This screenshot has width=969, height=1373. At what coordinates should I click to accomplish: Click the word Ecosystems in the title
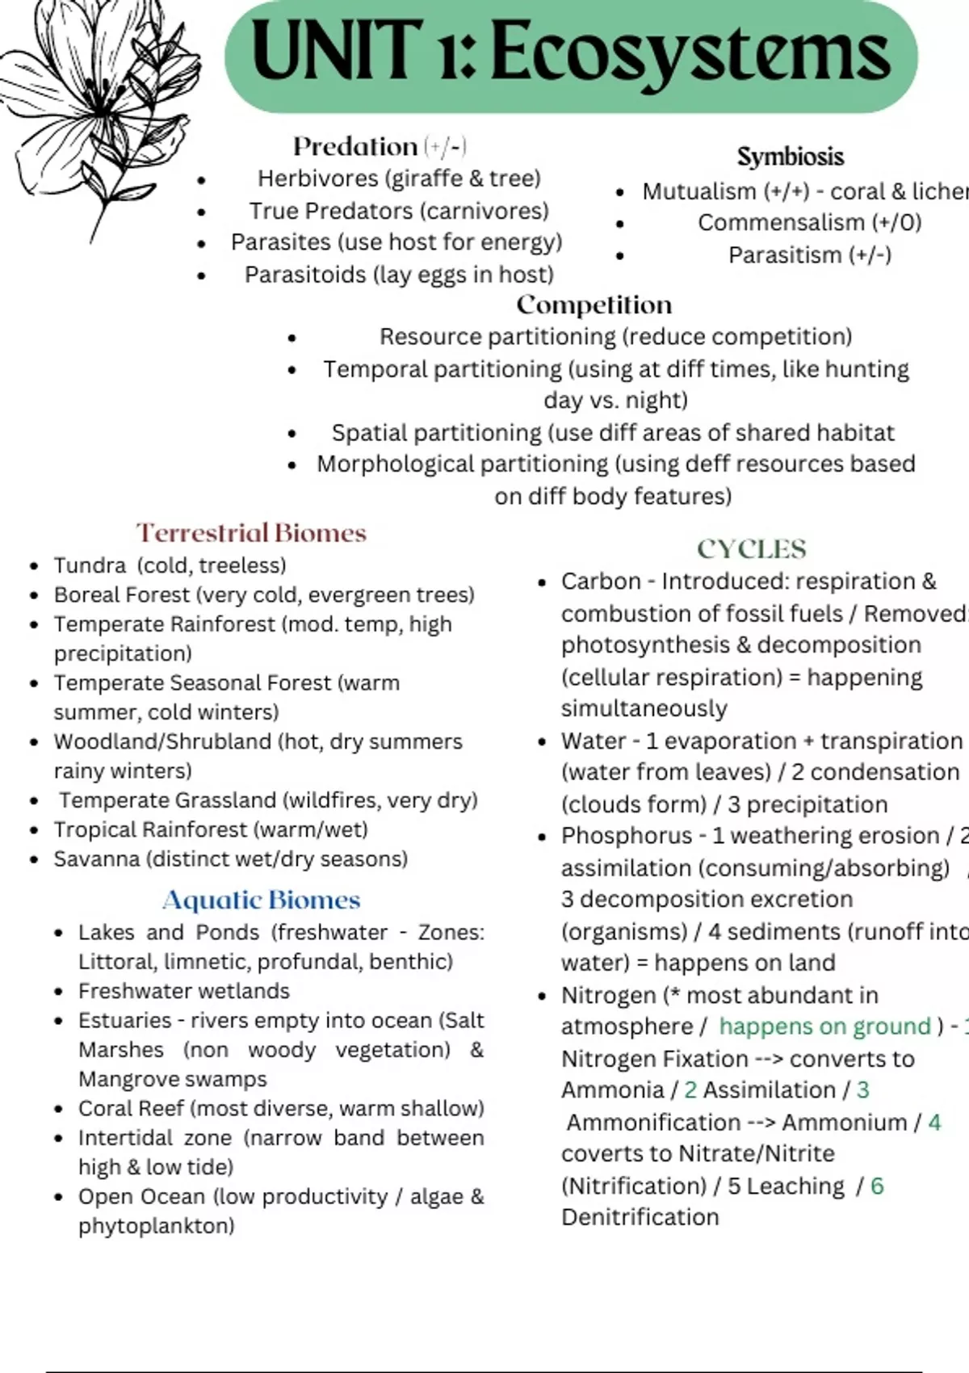tap(690, 53)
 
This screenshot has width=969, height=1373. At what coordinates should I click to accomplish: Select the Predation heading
tap(355, 146)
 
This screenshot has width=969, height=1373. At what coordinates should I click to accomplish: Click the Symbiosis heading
tap(790, 157)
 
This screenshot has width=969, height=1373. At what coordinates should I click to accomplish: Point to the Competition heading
tap(594, 304)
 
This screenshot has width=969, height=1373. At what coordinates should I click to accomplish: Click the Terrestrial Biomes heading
tap(251, 533)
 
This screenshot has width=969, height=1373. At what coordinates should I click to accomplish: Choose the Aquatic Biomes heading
tap(261, 900)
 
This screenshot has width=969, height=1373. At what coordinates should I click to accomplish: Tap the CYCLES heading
tap(751, 549)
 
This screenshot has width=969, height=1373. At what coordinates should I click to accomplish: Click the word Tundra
tap(90, 565)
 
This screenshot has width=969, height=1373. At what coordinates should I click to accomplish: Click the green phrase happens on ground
tap(824, 1027)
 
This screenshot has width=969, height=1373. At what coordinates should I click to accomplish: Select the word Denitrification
tap(640, 1217)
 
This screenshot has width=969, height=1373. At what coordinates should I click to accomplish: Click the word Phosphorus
tap(627, 836)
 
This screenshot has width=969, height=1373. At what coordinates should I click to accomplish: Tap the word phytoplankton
tap(156, 1226)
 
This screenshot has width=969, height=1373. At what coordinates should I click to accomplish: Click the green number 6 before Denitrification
tap(877, 1186)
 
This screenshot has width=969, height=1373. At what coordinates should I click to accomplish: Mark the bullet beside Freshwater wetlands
tap(58, 992)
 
